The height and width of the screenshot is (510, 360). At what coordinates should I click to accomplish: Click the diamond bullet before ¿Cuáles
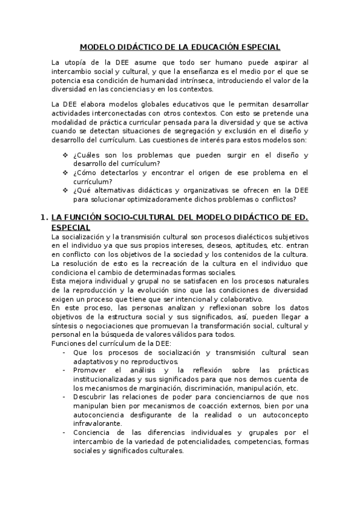pyautogui.click(x=65, y=155)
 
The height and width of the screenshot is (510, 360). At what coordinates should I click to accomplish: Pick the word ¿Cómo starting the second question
pyautogui.click(x=87, y=173)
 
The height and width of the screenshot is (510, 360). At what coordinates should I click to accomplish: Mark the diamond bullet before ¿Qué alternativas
pyautogui.click(x=65, y=190)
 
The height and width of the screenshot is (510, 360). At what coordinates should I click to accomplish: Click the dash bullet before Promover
pyautogui.click(x=64, y=370)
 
